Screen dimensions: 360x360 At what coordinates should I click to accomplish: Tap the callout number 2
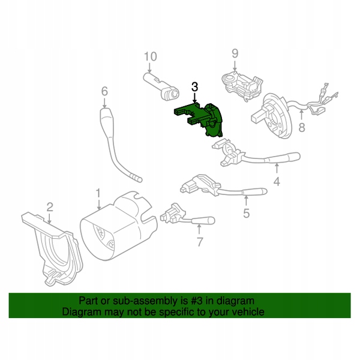click(50, 207)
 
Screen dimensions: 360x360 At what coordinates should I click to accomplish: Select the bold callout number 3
click(194, 87)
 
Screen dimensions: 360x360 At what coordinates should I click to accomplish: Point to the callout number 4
click(277, 182)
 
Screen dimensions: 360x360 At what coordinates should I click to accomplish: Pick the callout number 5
click(246, 212)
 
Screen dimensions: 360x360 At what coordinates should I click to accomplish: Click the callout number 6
click(104, 92)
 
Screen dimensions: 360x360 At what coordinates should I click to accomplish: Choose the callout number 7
click(200, 242)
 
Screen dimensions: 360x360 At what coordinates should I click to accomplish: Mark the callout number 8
click(302, 127)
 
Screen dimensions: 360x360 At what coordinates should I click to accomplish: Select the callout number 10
click(150, 57)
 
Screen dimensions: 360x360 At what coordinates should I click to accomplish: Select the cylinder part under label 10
click(163, 86)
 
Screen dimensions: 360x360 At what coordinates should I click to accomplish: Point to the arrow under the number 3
click(194, 98)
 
